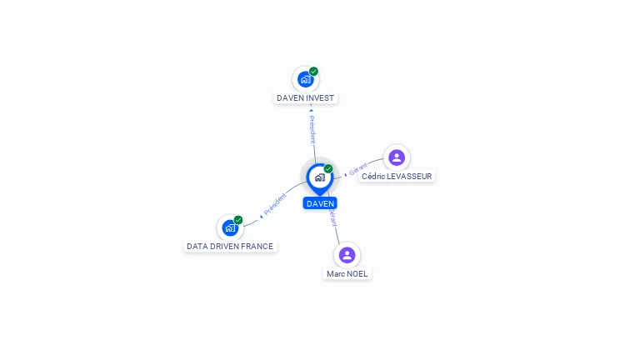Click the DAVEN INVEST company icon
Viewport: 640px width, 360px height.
pos(305,79)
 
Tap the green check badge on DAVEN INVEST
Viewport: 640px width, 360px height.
pos(313,72)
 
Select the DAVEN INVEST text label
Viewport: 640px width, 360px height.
pos(305,98)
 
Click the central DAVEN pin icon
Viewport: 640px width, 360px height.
pos(319,177)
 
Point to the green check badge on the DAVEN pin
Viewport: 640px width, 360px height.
pos(328,169)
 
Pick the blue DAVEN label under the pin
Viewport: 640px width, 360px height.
pos(320,203)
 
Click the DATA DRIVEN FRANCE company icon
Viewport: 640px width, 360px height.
pos(230,227)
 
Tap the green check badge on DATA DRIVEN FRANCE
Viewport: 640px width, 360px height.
pos(238,220)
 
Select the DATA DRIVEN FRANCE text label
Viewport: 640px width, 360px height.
pos(230,247)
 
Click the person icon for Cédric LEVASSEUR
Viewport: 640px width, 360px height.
pos(397,157)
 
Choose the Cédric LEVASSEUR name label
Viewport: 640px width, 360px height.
pos(397,177)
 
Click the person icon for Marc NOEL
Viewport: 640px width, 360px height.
pos(347,255)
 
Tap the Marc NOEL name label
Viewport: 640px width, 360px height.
pos(347,274)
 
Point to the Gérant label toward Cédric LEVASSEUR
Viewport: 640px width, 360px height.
pos(357,169)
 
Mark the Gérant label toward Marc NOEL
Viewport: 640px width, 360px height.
pos(333,218)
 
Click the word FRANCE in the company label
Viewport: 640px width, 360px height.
pos(257,247)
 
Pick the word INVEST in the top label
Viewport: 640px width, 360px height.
pos(320,98)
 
